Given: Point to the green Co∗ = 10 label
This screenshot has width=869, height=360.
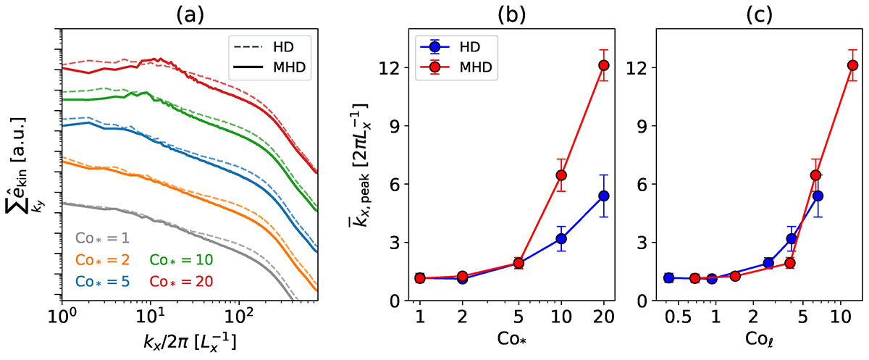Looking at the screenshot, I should pyautogui.click(x=180, y=259).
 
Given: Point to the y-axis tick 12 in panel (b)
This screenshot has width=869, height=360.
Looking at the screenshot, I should pyautogui.click(x=389, y=67).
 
